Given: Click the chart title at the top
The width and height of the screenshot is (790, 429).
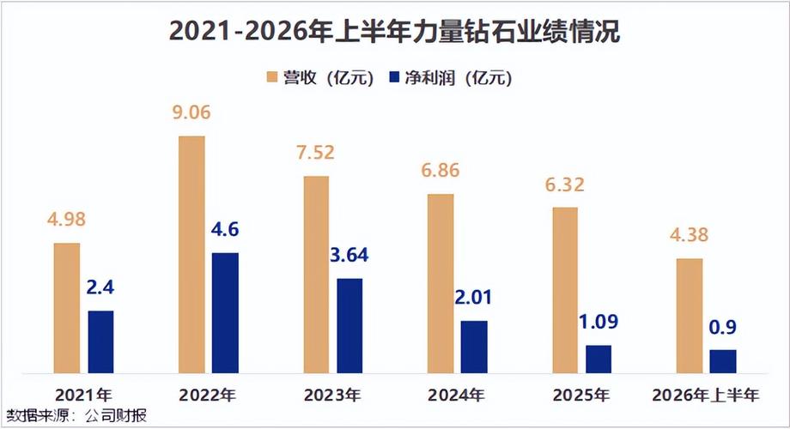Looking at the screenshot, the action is (394, 31).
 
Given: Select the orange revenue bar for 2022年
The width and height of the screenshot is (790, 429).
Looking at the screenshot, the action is (192, 254).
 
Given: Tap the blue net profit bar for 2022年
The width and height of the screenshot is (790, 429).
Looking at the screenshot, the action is (225, 312).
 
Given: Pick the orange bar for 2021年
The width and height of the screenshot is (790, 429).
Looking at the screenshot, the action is (67, 308).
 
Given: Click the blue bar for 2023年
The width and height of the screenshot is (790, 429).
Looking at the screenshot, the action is (349, 326).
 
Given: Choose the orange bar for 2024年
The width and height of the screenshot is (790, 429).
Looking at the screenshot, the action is (441, 283).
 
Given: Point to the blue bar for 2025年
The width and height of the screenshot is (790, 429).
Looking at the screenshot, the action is (599, 359).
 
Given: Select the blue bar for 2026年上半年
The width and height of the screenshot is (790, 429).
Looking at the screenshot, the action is (723, 361).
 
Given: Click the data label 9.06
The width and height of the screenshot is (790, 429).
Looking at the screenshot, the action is (191, 112).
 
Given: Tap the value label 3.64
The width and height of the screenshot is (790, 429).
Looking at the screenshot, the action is (349, 256).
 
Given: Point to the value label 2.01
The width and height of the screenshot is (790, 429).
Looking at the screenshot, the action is (473, 298).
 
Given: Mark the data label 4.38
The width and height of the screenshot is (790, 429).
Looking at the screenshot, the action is (689, 234).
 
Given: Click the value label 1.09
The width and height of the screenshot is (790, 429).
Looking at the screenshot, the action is (598, 322).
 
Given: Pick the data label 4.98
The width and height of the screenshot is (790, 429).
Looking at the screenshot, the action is (66, 220).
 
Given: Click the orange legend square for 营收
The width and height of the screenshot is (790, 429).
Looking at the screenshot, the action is (272, 77).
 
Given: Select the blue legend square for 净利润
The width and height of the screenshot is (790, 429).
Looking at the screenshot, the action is (394, 77).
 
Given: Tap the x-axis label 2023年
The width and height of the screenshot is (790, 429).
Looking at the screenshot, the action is (332, 396).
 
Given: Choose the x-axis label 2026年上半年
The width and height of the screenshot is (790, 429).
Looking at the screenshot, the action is (705, 396).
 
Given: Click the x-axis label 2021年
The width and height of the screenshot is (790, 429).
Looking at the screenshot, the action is (83, 396).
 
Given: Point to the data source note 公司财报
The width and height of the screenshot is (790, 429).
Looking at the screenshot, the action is (116, 416).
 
